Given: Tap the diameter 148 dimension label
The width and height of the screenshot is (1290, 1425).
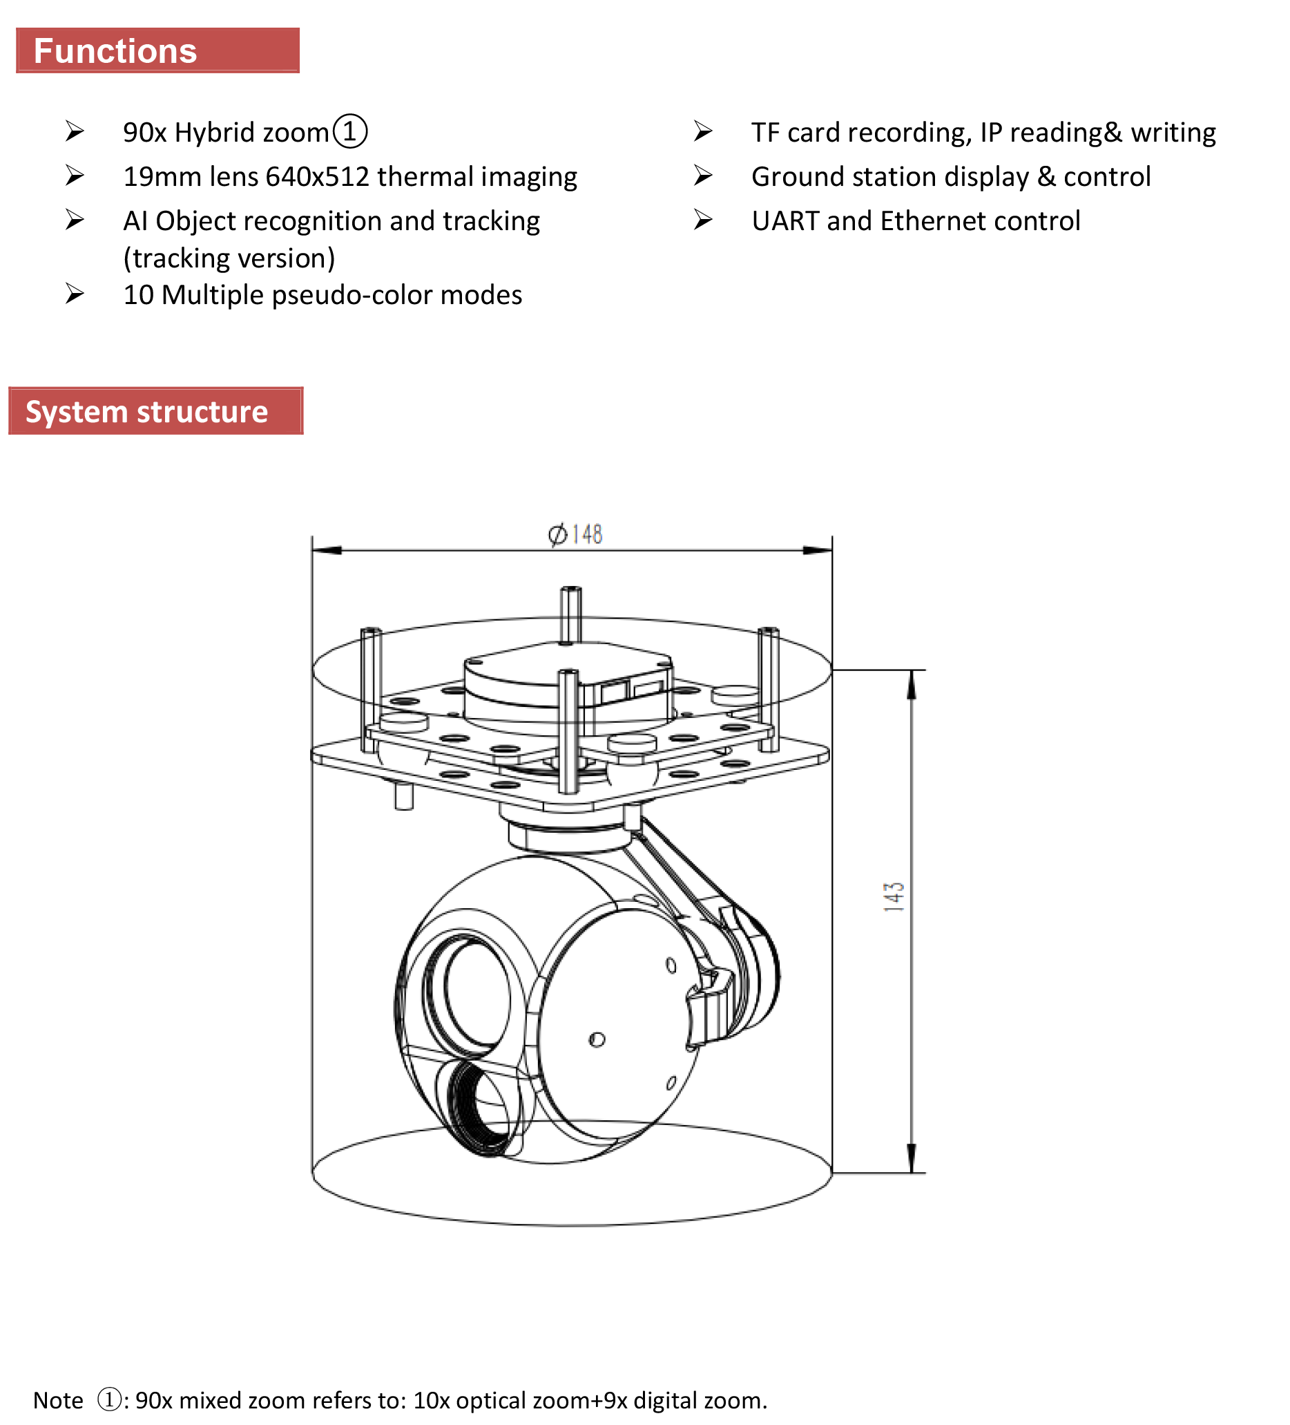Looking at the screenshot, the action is pyautogui.click(x=575, y=534).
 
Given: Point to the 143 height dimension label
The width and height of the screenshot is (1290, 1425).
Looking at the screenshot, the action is pyautogui.click(x=894, y=896).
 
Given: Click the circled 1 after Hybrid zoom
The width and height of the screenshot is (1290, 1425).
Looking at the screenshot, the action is pyautogui.click(x=349, y=131).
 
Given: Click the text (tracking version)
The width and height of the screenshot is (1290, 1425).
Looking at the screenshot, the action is pyautogui.click(x=229, y=258).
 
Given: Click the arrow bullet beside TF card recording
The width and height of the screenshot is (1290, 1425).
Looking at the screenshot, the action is pyautogui.click(x=702, y=131).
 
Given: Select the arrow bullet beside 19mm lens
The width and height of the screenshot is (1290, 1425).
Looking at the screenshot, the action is pyautogui.click(x=74, y=176).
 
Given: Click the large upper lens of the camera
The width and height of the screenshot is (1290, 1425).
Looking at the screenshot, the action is pyautogui.click(x=467, y=990).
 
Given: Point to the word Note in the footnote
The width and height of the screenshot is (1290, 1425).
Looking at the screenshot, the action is pyautogui.click(x=58, y=1400).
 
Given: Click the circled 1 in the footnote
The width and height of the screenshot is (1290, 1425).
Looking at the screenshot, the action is pyautogui.click(x=109, y=1399).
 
